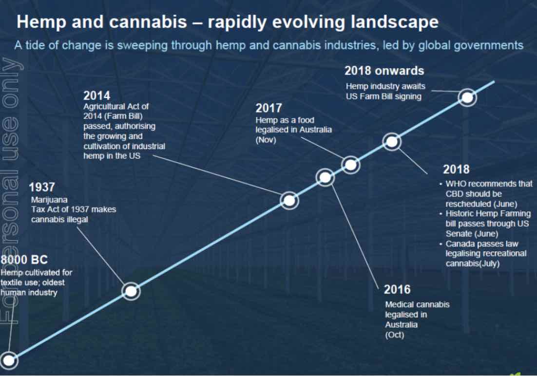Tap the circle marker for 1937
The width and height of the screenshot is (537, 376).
tap(131, 291)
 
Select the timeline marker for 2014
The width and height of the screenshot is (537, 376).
tap(289, 200)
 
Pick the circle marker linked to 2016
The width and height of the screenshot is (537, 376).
tap(326, 177)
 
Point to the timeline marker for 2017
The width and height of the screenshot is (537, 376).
tap(350, 165)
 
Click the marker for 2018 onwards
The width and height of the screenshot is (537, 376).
tap(467, 97)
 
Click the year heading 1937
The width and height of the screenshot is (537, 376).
tap(42, 188)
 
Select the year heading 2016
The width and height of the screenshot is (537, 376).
tap(397, 290)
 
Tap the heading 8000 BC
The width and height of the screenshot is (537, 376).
tap(24, 260)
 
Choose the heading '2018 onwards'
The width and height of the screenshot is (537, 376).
tap(384, 71)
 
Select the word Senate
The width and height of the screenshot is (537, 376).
tap(458, 234)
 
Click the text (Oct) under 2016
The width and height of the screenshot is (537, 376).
tap(394, 335)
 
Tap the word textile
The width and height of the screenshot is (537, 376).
tap(12, 282)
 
